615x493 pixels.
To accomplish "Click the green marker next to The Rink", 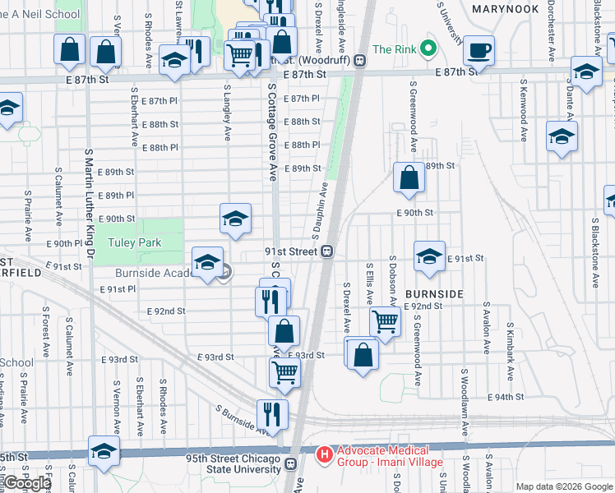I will pyautogui.click(x=428, y=49).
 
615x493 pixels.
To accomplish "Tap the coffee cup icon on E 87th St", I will pyautogui.click(x=479, y=51).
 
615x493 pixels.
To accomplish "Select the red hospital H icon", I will pyautogui.click(x=325, y=454).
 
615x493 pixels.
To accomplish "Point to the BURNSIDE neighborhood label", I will pyautogui.click(x=435, y=293).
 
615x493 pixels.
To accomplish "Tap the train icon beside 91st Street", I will pyautogui.click(x=326, y=251).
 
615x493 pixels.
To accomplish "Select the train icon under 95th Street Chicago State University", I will pyautogui.click(x=290, y=464).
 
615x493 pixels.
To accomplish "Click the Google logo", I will pyautogui.click(x=27, y=483).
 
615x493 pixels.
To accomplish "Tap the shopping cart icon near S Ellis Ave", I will pyautogui.click(x=385, y=320).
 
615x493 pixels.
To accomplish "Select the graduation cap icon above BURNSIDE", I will pyautogui.click(x=429, y=257).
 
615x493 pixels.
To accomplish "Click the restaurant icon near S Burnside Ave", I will pyautogui.click(x=272, y=414).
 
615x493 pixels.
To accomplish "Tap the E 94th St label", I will pyautogui.click(x=508, y=397).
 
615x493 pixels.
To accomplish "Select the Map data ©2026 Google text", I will pyautogui.click(x=564, y=486).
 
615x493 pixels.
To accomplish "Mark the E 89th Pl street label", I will pyautogui.click(x=115, y=196).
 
